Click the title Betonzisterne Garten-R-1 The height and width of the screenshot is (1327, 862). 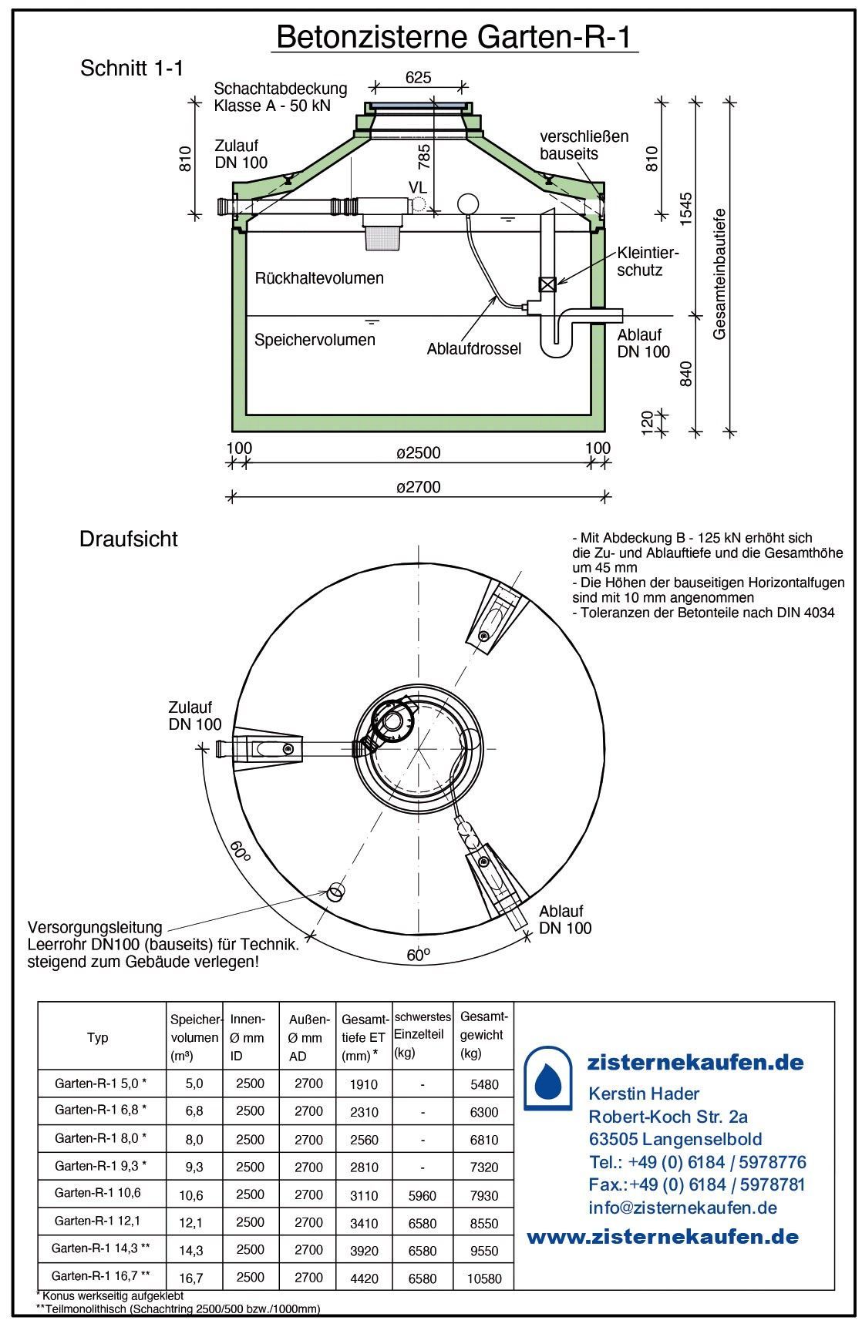click(x=455, y=35)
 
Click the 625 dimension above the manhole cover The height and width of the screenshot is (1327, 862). click(x=418, y=77)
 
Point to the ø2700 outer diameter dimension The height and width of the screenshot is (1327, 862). click(x=419, y=487)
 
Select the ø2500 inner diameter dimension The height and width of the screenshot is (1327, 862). click(x=419, y=452)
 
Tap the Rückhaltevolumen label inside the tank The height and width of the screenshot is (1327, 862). click(x=319, y=278)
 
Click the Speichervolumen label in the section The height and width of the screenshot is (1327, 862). click(x=315, y=340)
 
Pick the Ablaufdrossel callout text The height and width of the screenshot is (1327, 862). click(x=474, y=349)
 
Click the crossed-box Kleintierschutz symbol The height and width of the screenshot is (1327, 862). click(x=547, y=284)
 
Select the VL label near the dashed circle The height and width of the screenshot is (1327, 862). click(x=417, y=187)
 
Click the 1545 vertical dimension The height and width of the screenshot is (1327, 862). click(x=688, y=207)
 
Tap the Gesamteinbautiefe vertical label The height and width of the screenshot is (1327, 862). click(x=720, y=274)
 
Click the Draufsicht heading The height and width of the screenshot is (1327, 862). click(x=129, y=539)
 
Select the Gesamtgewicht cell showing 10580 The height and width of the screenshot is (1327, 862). click(x=484, y=1278)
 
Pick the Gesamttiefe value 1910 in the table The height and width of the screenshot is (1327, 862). click(x=364, y=1084)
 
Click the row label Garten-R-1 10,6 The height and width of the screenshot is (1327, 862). click(x=98, y=1193)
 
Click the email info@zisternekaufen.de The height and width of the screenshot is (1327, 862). click(x=682, y=1208)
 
